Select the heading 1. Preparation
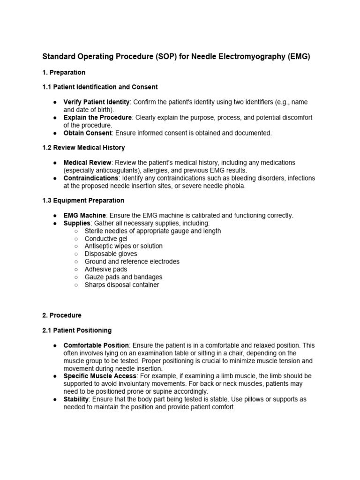pos(64,72)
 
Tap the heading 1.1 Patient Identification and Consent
pos(100,87)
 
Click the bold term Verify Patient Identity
pos(96,102)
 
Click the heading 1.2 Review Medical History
pos(83,148)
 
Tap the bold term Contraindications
pos(91,178)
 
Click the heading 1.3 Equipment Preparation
pos(83,201)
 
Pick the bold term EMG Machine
pos(84,216)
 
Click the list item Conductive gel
pos(105,239)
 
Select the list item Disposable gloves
pos(111,254)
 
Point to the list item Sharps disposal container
pos(121,285)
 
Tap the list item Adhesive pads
pos(105,270)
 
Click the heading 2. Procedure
pos(62,315)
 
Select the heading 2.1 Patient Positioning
pos(77,330)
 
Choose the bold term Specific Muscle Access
pos(100,376)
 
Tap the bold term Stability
pos(76,399)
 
